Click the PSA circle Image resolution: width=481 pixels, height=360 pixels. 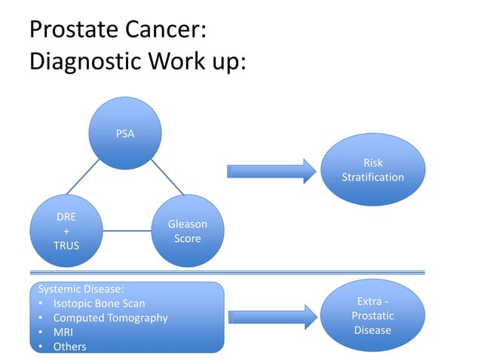point(125,134)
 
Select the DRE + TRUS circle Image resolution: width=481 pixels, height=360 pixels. point(66,230)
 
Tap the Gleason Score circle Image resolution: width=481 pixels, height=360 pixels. point(188,230)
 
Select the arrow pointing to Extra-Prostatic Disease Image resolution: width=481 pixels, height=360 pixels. point(270,316)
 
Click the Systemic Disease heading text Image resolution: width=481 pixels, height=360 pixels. point(81,289)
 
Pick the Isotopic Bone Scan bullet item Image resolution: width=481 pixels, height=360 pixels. point(98,304)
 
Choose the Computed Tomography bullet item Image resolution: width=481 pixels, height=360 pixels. point(110,318)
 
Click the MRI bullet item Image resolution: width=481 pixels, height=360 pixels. point(63,332)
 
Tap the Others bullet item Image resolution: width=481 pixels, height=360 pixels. point(69,346)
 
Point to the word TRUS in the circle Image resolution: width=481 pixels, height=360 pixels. point(66,246)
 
